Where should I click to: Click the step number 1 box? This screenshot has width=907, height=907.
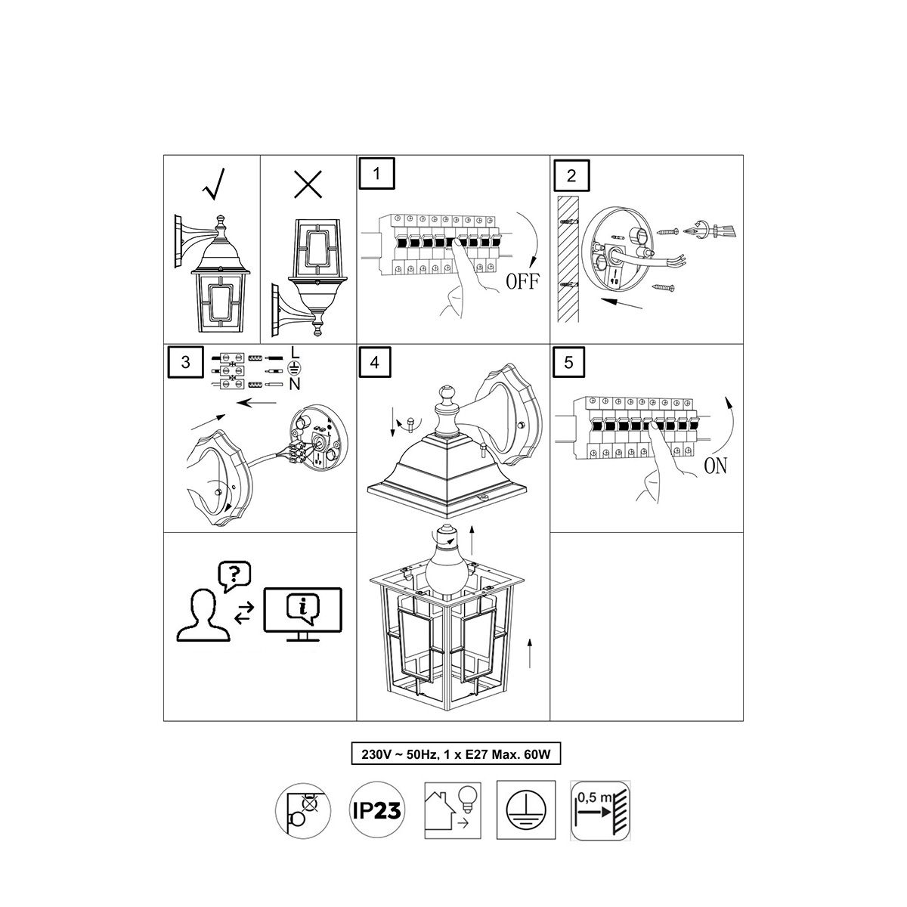coord(376,173)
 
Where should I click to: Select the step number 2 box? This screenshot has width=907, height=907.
coord(571,175)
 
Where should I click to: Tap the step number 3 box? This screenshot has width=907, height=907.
coord(185,362)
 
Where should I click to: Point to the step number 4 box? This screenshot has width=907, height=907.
coord(375,362)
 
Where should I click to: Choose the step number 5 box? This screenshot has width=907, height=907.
coord(568,362)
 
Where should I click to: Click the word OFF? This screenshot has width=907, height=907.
coord(522,281)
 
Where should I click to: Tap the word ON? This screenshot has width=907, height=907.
coord(716,466)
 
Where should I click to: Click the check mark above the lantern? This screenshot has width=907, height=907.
coord(214,184)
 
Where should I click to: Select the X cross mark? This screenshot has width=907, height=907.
coord(308,184)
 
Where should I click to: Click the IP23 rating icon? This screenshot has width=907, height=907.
coord(376,810)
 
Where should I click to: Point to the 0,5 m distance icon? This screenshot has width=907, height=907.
coord(600,810)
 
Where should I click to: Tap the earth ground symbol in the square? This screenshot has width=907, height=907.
coord(526,810)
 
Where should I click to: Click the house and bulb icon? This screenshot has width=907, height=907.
coord(453,810)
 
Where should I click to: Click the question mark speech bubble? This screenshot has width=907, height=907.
coord(234,577)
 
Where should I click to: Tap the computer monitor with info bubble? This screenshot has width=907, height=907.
coord(302,614)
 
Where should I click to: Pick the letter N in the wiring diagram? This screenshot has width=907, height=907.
coord(295,385)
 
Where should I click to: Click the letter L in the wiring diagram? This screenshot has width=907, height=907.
coord(295,352)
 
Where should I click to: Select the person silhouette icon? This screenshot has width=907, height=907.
coord(203,614)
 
